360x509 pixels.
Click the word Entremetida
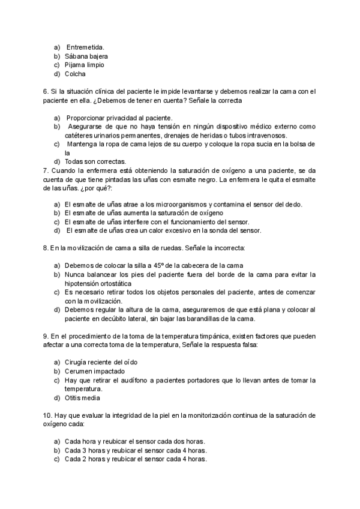[x=85, y=47]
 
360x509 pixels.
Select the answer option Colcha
[x=75, y=74]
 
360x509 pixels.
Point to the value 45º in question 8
[x=151, y=265]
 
